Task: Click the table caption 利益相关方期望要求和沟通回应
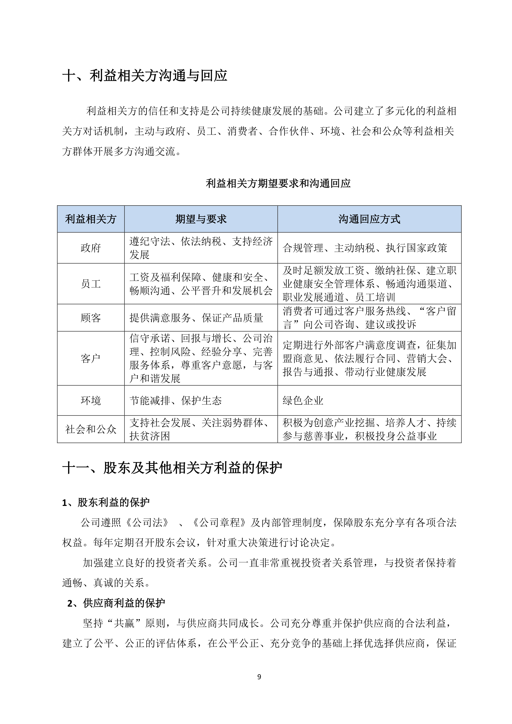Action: tap(278, 183)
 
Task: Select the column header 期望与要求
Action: tap(201, 219)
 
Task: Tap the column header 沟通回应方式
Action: tap(369, 219)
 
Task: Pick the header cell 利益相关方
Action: tap(91, 219)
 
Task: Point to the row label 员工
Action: tap(91, 284)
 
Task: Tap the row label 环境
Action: tap(91, 401)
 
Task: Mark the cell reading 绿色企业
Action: tap(303, 401)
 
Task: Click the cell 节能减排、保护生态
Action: tap(175, 401)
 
